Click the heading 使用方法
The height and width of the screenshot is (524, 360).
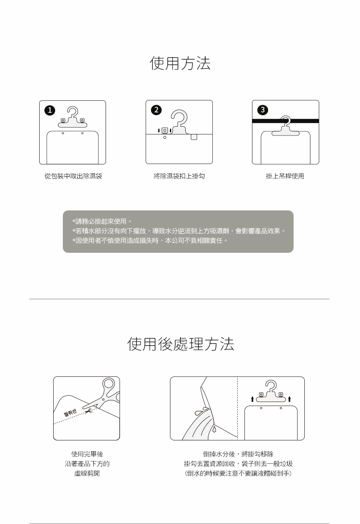[x=180, y=64]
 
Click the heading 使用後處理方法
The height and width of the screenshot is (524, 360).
[x=180, y=344]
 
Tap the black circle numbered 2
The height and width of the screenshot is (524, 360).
[x=156, y=110]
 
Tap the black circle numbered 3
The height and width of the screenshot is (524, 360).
[x=262, y=110]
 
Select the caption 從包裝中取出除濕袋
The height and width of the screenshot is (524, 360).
[x=73, y=176]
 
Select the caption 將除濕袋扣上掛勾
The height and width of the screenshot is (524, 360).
[x=179, y=176]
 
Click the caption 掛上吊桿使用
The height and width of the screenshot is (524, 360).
[x=285, y=176]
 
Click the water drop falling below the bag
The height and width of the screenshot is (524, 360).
[x=214, y=429]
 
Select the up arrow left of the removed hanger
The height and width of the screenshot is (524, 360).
[x=252, y=399]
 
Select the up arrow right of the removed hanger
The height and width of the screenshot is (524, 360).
[x=289, y=399]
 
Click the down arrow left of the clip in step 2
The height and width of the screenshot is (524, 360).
[x=159, y=131]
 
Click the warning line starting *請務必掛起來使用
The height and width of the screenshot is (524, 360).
[x=102, y=221]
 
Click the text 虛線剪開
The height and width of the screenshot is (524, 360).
[x=87, y=474]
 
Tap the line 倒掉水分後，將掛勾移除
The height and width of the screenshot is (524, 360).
[x=238, y=454]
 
